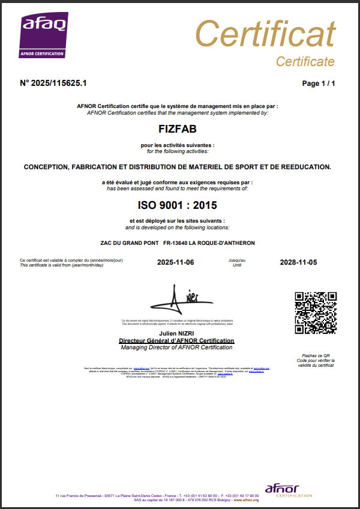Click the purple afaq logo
coord(45,35)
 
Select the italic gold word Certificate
coord(305,62)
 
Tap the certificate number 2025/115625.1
coord(53,83)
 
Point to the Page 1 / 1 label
coord(319,83)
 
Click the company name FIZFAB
coord(177,128)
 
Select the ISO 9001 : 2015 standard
coord(177,205)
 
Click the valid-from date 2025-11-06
coord(175,262)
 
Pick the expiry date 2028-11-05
coord(298,262)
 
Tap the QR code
coord(316,312)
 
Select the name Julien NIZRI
coord(177,333)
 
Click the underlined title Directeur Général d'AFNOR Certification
coord(177,340)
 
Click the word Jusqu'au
coord(237,260)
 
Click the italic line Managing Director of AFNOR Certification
coord(177,348)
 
